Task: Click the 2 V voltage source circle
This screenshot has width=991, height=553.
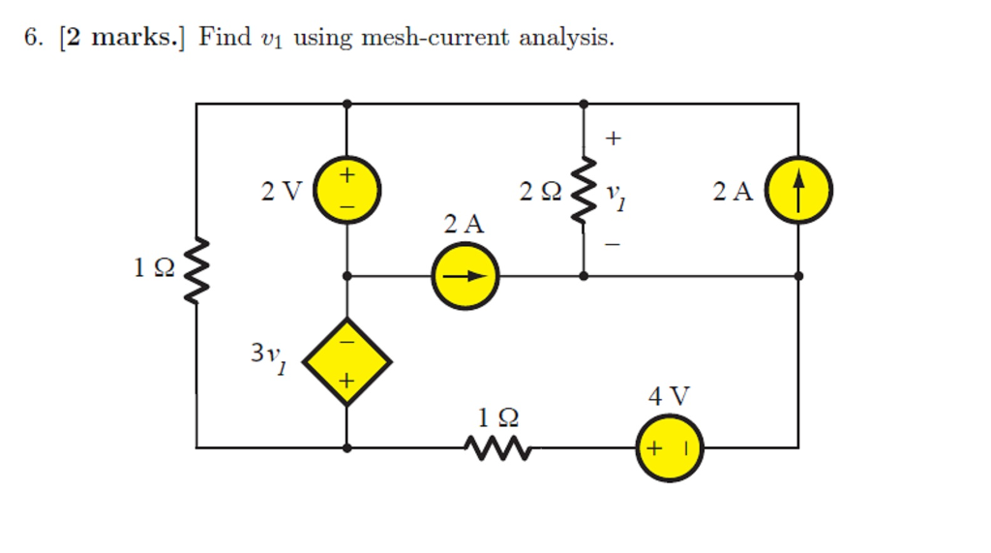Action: pyautogui.click(x=347, y=190)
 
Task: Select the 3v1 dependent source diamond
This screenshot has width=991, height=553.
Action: pyautogui.click(x=347, y=361)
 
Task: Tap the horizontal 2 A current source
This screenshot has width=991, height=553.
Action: pyautogui.click(x=465, y=276)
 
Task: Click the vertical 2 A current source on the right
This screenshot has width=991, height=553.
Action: pyautogui.click(x=798, y=190)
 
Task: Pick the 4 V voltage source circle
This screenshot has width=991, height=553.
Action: pyautogui.click(x=669, y=447)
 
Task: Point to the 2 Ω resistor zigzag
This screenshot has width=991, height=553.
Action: pyautogui.click(x=584, y=190)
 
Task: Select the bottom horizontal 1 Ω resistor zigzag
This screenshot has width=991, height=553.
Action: pyautogui.click(x=498, y=447)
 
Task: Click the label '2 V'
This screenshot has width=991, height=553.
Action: pyautogui.click(x=282, y=192)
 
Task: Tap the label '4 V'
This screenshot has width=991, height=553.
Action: pyautogui.click(x=669, y=396)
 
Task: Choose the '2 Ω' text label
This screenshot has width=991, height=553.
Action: pyautogui.click(x=540, y=192)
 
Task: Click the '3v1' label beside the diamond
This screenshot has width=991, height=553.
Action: pyautogui.click(x=269, y=356)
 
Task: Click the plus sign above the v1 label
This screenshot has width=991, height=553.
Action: pyautogui.click(x=613, y=139)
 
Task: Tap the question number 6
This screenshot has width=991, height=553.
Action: pyautogui.click(x=33, y=38)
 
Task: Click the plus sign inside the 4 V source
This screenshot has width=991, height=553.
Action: pyautogui.click(x=654, y=448)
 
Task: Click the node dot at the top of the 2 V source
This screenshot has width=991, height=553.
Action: pyautogui.click(x=347, y=103)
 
